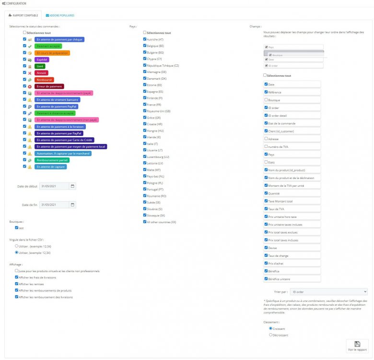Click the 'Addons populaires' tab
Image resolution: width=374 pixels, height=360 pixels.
[61, 15]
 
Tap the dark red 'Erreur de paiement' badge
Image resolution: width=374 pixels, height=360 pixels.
[49, 86]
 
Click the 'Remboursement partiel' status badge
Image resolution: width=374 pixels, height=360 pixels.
[52, 160]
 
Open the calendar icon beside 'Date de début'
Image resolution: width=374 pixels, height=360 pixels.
[72, 186]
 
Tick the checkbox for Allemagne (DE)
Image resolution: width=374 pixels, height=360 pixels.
[144, 72]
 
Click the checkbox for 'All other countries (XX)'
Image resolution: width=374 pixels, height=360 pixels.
[144, 222]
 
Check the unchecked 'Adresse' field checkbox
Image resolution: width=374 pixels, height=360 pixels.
[266, 138]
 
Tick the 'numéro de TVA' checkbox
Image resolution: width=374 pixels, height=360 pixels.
[266, 146]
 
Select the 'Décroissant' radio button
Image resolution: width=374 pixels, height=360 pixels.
[271, 335]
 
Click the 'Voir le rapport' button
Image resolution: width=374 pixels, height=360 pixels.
[357, 346]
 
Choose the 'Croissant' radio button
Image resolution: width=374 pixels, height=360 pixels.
[271, 329]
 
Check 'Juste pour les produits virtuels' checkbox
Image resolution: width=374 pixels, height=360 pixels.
[17, 271]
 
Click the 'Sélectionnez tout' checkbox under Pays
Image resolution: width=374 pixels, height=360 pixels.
[144, 33]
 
